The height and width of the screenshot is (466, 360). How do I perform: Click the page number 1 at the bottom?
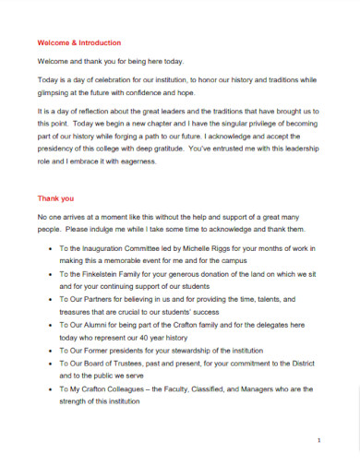tap(317, 440)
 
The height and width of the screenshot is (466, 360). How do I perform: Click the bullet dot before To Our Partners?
tap(48, 300)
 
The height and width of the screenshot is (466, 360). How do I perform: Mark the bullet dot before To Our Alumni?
tap(48, 326)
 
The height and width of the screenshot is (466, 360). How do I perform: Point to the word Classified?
tap(215, 389)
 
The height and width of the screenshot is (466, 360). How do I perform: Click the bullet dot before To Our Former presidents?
tap(48, 351)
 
